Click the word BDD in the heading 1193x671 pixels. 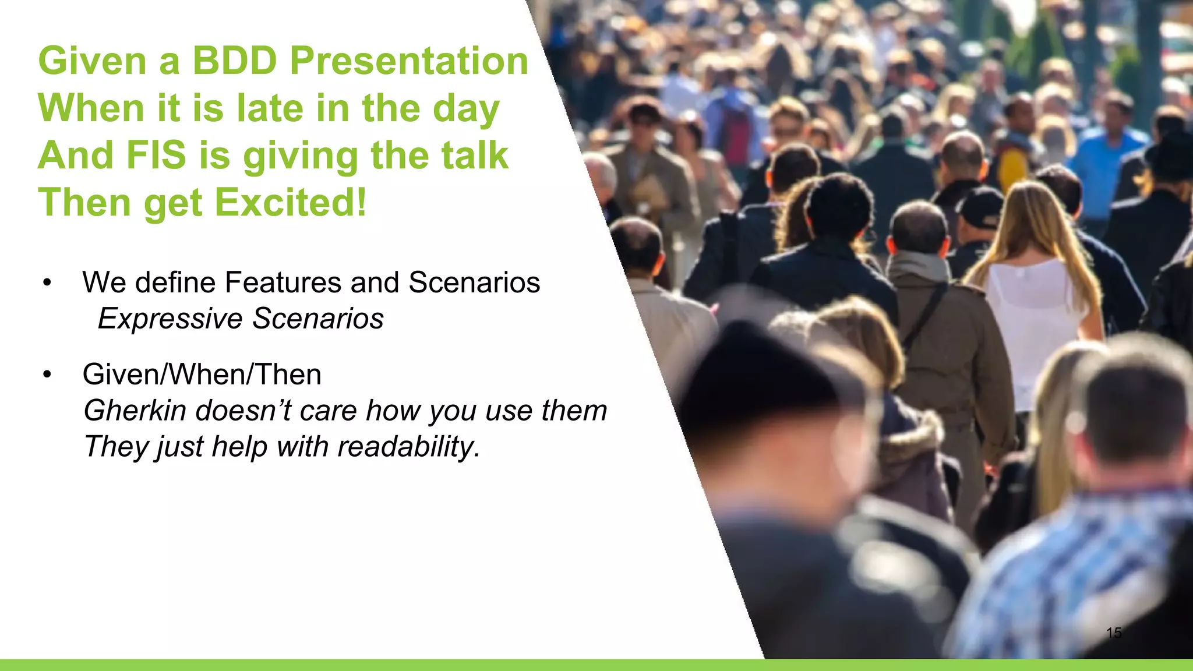point(234,61)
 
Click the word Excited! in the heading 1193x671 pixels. point(291,203)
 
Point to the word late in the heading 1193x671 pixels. point(270,108)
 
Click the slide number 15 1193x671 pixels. point(1113,633)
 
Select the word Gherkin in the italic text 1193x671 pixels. point(136,411)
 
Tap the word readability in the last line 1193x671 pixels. point(407,447)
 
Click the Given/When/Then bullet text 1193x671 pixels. point(202,374)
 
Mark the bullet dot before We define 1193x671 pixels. point(47,284)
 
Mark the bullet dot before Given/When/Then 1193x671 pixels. point(47,375)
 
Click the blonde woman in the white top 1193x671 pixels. point(1031,280)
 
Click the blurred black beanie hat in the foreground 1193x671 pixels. point(757,373)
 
